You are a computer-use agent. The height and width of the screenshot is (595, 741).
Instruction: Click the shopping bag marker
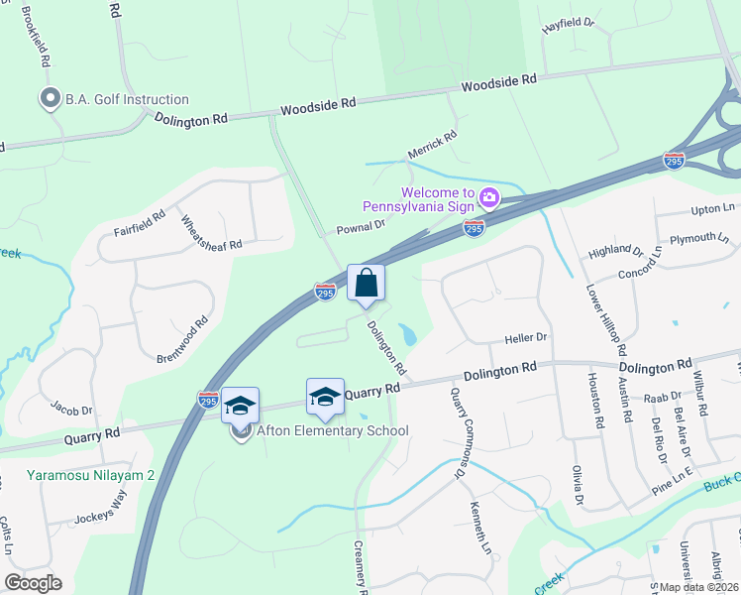pyautogui.click(x=366, y=284)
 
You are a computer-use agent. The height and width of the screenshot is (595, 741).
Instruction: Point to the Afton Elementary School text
pyautogui.click(x=333, y=430)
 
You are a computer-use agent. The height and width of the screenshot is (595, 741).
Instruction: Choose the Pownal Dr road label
pyautogui.click(x=359, y=226)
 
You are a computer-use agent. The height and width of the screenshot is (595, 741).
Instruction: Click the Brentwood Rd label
pyautogui.click(x=183, y=341)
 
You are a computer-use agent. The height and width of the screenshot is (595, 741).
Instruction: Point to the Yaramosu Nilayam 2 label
pyautogui.click(x=91, y=476)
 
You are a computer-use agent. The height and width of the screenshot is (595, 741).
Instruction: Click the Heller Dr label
pyautogui.click(x=526, y=338)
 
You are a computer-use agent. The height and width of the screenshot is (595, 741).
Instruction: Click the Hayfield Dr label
pyautogui.click(x=568, y=25)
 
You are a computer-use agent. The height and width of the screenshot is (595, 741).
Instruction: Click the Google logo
pyautogui.click(x=33, y=583)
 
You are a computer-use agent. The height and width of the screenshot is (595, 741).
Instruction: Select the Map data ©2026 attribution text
pyautogui.click(x=697, y=587)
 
